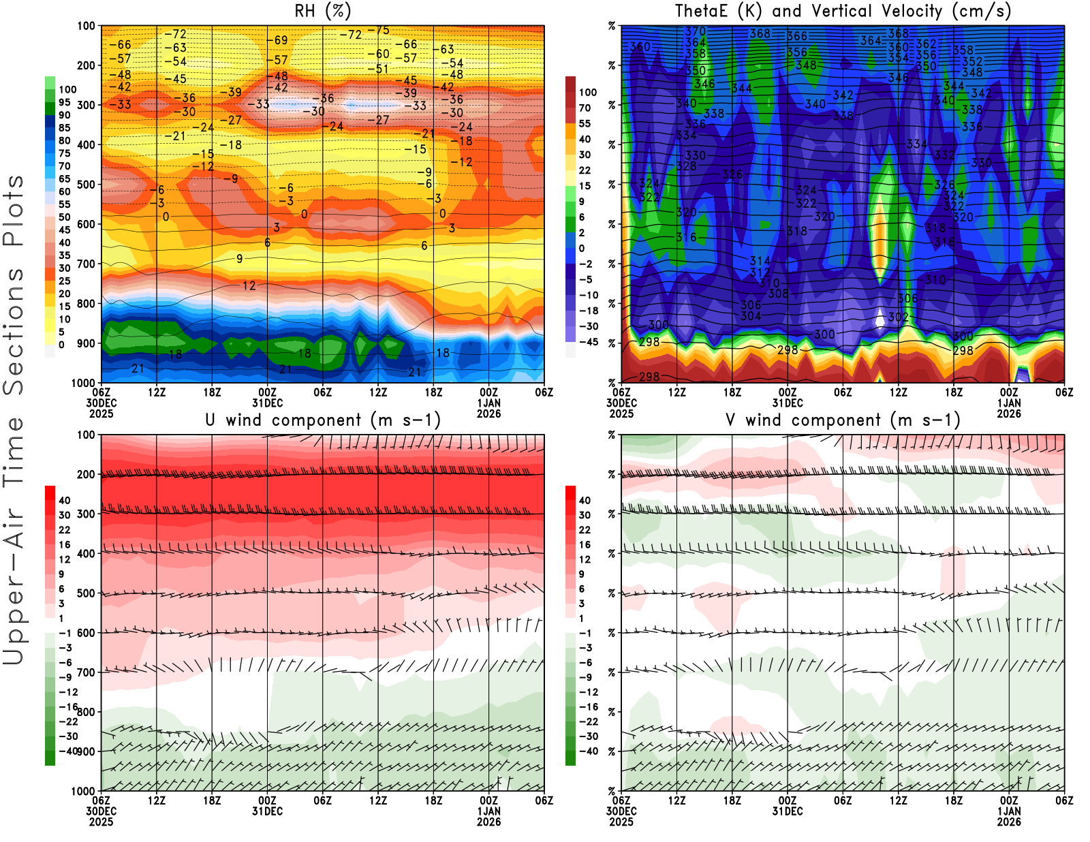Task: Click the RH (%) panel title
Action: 322,11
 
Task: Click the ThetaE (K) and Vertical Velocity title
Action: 843,11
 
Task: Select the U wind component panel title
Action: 323,420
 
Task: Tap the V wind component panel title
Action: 843,420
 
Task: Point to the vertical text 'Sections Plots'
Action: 14,285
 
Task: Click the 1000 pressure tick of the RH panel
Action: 84,383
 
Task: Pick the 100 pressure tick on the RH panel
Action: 87,26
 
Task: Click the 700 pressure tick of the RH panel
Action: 87,264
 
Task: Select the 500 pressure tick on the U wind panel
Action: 87,593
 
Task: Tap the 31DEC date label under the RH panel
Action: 267,403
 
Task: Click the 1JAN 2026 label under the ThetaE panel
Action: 1009,408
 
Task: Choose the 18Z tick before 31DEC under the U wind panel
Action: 212,800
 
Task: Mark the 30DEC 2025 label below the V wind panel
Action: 621,816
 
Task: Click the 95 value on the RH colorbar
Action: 64,102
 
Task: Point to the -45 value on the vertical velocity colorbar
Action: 589,342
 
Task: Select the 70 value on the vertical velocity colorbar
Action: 585,108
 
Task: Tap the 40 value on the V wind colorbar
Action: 585,500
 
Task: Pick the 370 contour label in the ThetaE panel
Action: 696,31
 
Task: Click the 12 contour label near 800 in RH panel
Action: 249,286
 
